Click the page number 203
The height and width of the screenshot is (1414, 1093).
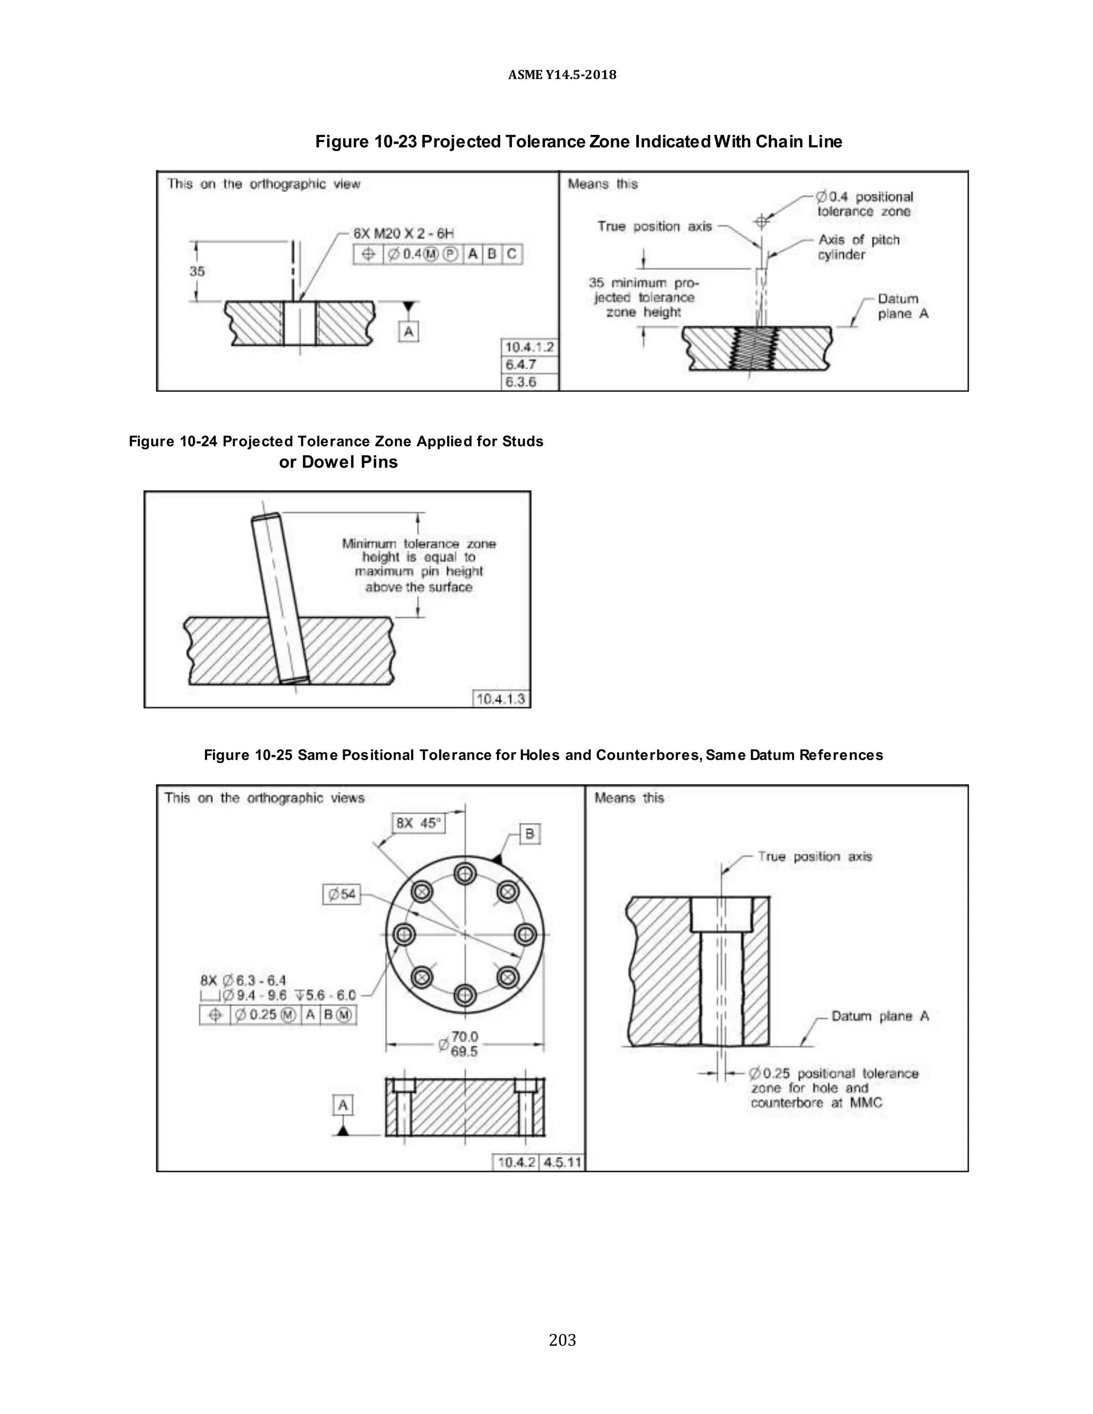click(561, 1339)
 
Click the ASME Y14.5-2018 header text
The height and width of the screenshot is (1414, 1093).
click(561, 75)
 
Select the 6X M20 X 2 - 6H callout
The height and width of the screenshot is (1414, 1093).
click(403, 233)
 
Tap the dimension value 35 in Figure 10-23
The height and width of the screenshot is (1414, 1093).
click(197, 271)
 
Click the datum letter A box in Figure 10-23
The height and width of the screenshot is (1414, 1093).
click(408, 332)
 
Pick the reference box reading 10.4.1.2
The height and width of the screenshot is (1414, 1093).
click(529, 347)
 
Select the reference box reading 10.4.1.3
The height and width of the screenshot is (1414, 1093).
click(501, 698)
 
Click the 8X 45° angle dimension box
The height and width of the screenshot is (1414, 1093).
click(418, 823)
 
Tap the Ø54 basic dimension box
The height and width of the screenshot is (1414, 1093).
click(341, 894)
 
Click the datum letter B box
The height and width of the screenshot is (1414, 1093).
click(529, 833)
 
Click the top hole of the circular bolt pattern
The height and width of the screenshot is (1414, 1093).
click(464, 875)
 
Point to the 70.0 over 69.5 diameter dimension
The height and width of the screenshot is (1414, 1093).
click(463, 1044)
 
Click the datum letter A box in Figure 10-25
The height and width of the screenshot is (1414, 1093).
click(343, 1105)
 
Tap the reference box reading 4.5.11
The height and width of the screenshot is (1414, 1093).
click(561, 1162)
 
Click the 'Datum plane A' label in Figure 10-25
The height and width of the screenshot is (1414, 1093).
click(880, 1016)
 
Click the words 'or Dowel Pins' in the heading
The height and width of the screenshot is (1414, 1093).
click(338, 462)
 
